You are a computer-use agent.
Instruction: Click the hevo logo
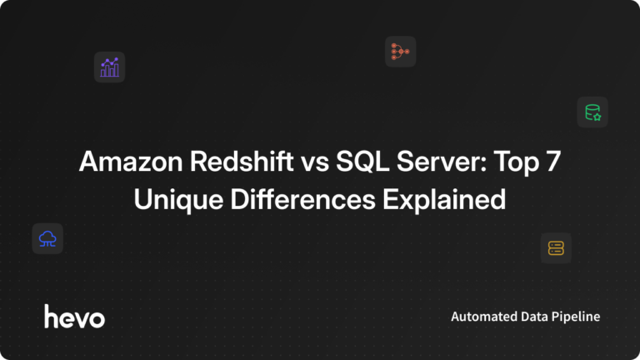point(74,316)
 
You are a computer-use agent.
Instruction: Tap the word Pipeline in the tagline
point(577,317)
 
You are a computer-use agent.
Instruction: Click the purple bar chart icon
point(109,67)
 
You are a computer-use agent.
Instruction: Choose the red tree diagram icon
point(400,52)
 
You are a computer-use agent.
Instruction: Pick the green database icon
point(592,112)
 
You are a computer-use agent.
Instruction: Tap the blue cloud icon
point(47,239)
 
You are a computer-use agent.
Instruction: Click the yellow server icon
point(556,247)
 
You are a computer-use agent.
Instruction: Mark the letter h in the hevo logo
point(50,315)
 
